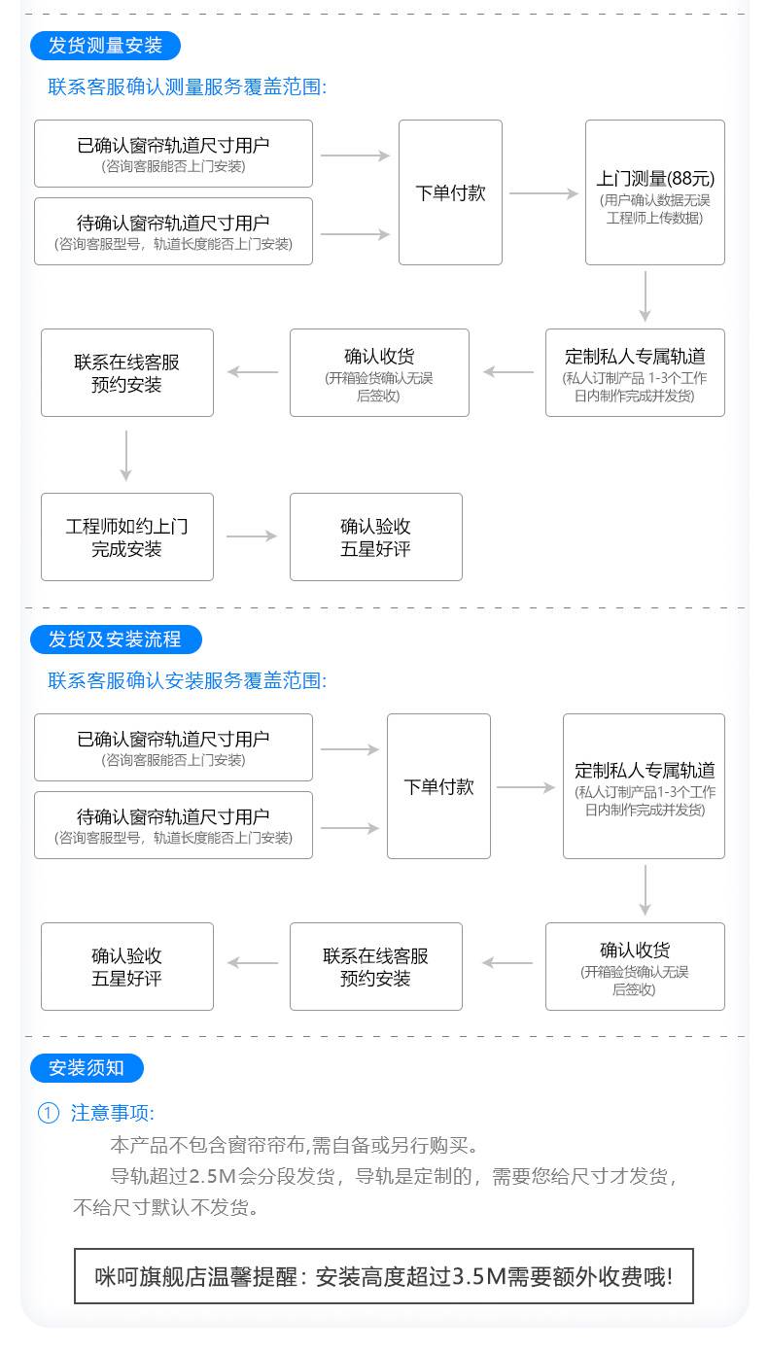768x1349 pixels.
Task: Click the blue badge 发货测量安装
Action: [x=105, y=46]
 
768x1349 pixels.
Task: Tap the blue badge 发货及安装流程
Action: [x=116, y=639]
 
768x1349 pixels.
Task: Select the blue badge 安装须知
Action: [x=87, y=1068]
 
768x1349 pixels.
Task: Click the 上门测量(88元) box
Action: [x=655, y=192]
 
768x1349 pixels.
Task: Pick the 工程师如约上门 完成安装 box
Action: [x=127, y=536]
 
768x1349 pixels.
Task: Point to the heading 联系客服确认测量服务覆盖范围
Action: [x=187, y=86]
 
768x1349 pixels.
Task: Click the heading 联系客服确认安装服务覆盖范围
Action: [x=187, y=680]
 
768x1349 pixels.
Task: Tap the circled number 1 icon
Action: [x=49, y=1112]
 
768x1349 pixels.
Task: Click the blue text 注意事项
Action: [x=112, y=1112]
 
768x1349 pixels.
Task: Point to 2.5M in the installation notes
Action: [x=212, y=1176]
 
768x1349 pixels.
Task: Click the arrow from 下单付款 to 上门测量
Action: [x=543, y=193]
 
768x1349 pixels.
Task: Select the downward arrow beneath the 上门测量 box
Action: [x=645, y=295]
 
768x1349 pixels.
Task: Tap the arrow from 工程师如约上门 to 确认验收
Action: [x=251, y=536]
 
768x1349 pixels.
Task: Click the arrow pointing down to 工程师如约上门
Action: [x=125, y=455]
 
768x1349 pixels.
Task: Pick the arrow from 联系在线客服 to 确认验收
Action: [x=253, y=962]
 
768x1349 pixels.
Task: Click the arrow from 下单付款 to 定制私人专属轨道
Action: [x=525, y=787]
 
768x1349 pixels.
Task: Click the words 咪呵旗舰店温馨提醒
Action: [x=195, y=1277]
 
